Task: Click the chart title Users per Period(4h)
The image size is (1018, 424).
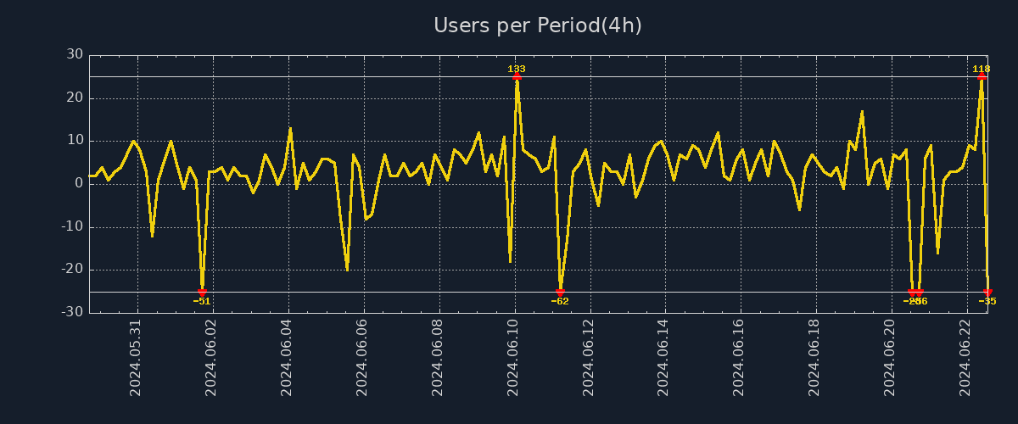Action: point(537,25)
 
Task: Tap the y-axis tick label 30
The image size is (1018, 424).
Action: point(75,55)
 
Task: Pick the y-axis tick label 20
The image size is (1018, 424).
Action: point(75,98)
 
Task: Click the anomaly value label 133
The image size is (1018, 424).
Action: point(517,69)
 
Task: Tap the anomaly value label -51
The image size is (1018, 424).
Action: point(202,301)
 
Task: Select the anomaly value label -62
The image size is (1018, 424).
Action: point(560,301)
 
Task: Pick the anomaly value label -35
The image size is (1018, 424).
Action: point(987,301)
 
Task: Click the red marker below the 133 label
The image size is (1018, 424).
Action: point(517,77)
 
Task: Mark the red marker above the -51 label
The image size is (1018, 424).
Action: point(202,292)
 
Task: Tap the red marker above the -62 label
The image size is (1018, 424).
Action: point(560,292)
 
